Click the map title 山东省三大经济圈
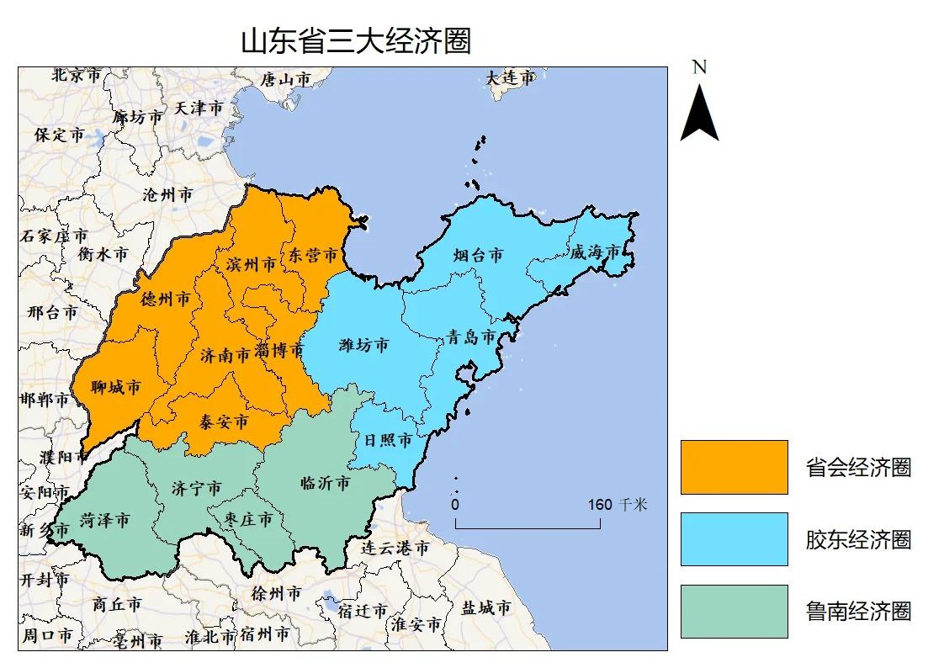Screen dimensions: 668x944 pyautogui.click(x=356, y=41)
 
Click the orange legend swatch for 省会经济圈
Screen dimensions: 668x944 pyautogui.click(x=734, y=467)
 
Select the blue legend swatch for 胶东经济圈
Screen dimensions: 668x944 pyautogui.click(x=734, y=539)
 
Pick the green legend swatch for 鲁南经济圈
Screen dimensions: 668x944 pyautogui.click(x=734, y=612)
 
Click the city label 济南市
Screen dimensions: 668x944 pyautogui.click(x=225, y=355)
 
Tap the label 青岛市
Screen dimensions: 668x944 pyautogui.click(x=470, y=337)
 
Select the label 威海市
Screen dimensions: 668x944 pyautogui.click(x=594, y=252)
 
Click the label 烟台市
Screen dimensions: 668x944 pyautogui.click(x=477, y=255)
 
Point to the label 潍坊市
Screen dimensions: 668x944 pyautogui.click(x=363, y=345)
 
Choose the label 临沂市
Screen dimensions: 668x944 pyautogui.click(x=325, y=484)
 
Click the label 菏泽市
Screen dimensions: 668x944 pyautogui.click(x=104, y=521)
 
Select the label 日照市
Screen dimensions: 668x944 pyautogui.click(x=387, y=440)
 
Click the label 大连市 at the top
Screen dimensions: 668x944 pyautogui.click(x=510, y=78)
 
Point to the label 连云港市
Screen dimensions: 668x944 pyautogui.click(x=395, y=548)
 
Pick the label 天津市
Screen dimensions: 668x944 pyautogui.click(x=199, y=109)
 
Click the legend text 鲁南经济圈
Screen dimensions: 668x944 pyautogui.click(x=858, y=612)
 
